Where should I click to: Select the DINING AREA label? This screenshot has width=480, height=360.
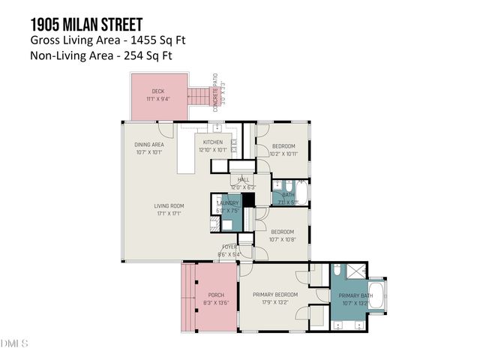click(148, 145)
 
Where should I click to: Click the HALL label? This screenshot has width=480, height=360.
click(244, 180)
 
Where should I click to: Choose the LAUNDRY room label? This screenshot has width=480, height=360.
click(227, 203)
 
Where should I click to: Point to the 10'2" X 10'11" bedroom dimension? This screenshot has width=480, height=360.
click(283, 153)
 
